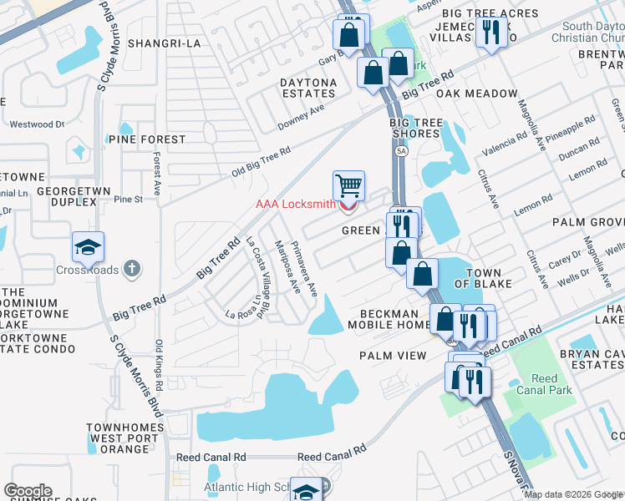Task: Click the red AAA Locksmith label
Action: coord(295,205)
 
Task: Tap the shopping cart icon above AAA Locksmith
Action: coord(348,185)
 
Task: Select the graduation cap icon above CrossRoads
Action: coord(88,246)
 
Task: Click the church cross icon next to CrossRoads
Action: coord(130,269)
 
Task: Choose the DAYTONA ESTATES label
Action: coord(308,88)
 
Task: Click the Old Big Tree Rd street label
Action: coord(261,164)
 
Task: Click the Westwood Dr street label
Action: coord(36,124)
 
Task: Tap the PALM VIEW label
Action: coord(393,356)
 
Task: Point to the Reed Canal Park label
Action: coord(544,385)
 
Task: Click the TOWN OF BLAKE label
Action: coord(477,278)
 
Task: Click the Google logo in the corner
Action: coord(28,491)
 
